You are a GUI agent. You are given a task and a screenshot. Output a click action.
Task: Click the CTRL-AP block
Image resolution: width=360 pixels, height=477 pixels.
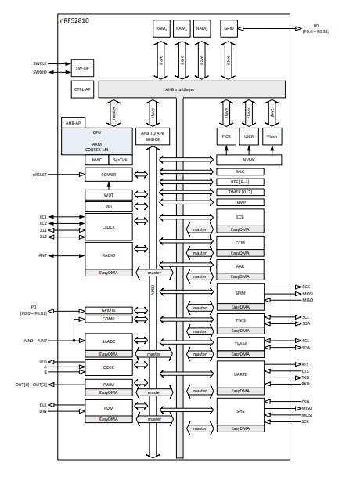pyautogui.click(x=82, y=89)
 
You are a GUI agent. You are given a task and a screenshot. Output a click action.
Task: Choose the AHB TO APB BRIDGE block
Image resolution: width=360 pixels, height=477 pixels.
pyautogui.click(x=153, y=136)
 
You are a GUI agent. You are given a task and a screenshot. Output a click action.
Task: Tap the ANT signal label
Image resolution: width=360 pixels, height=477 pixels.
pyautogui.click(x=43, y=255)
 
